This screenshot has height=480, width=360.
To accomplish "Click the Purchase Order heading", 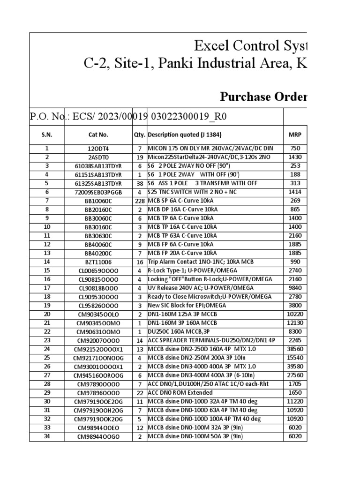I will (x=264, y=97).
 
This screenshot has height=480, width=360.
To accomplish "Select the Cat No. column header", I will (x=98, y=135).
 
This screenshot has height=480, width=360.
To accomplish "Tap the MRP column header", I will (x=295, y=135).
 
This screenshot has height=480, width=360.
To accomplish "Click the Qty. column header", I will (x=139, y=135).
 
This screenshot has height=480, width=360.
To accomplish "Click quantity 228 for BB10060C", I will (x=139, y=201).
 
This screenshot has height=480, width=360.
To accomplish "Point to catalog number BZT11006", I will (x=98, y=262).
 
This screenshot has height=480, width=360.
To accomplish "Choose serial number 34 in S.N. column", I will (x=47, y=436).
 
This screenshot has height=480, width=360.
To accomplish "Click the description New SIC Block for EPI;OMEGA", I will (x=187, y=305).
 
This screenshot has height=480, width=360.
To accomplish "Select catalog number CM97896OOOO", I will (x=98, y=393).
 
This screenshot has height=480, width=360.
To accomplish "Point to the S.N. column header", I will (x=47, y=135).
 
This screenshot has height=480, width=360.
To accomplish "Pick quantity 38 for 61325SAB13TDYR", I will (x=139, y=184).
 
